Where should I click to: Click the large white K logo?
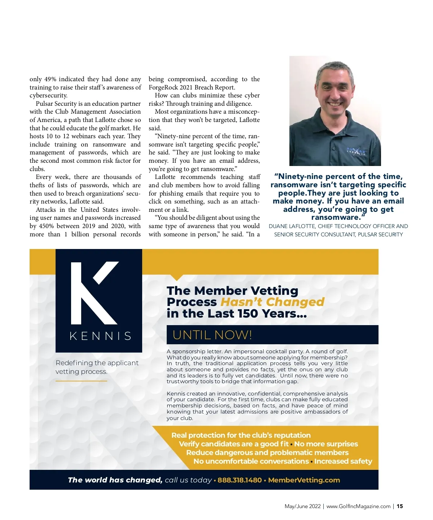95,293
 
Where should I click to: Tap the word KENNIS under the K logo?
101,336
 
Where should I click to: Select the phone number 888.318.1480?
240,480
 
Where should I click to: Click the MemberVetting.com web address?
304,480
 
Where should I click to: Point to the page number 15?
400,506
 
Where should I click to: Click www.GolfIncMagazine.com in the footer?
358,506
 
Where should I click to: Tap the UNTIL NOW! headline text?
212,335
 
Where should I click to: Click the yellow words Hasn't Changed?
272,302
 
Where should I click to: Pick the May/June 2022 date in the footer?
302,506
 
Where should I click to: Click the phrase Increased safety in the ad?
343,462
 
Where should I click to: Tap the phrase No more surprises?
326,444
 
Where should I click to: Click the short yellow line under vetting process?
81,381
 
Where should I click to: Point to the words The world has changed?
115,480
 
